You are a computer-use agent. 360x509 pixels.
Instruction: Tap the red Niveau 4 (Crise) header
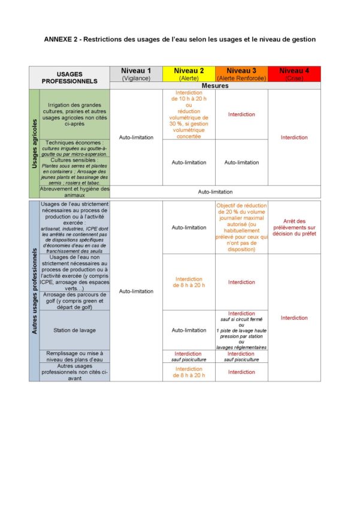pos(294,74)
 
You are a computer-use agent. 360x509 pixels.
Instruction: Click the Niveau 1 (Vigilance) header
pos(136,74)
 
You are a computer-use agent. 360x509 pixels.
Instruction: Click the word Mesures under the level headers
pos(215,86)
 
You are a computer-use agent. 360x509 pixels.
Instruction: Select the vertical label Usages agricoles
pos(34,143)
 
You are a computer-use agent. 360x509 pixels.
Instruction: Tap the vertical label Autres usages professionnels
pos(34,290)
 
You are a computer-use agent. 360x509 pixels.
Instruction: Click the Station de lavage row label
pos(75,330)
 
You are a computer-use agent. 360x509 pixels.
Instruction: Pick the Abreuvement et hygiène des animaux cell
pos(75,192)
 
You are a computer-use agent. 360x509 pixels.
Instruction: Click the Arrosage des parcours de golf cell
pos(75,301)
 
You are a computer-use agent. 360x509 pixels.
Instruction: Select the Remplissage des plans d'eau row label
pos(75,356)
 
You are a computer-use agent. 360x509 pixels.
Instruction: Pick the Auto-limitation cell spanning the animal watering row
pos(215,192)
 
